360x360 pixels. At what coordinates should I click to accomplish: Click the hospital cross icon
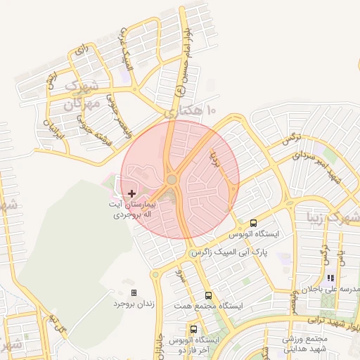pos(131,193)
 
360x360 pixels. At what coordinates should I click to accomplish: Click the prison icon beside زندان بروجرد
pos(134,292)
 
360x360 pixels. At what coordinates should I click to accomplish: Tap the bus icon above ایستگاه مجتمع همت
pos(208,295)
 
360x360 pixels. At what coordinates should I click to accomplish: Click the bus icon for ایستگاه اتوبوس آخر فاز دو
pos(193,329)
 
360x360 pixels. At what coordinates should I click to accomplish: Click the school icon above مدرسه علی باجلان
pos(330,278)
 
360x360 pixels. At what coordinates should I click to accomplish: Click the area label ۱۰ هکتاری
pos(190,111)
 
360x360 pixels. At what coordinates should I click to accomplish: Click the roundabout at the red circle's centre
pos(172,180)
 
